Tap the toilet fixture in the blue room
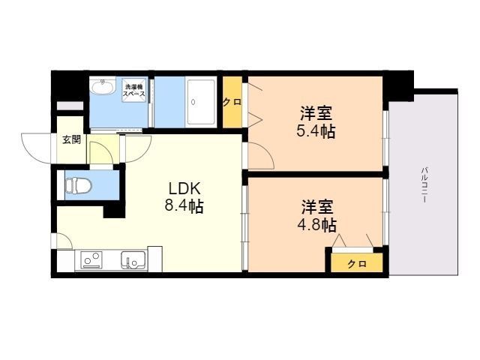[77, 184]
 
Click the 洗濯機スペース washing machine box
[135, 91]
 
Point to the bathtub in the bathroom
[200, 100]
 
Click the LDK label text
[184, 188]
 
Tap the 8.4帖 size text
[184, 206]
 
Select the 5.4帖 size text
[316, 132]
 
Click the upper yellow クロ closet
[232, 102]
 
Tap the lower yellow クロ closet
[356, 263]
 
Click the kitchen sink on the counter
[133, 261]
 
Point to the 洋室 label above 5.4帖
[316, 114]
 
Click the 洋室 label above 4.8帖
[317, 205]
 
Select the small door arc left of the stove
[63, 241]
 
